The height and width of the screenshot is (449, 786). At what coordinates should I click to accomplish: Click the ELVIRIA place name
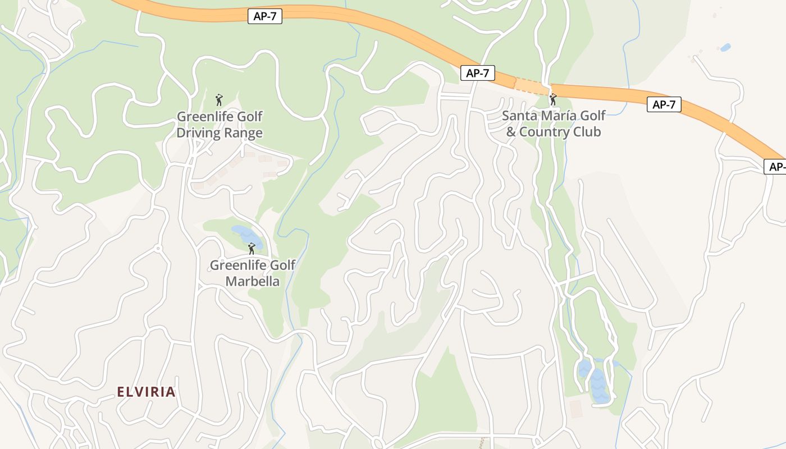[146, 392]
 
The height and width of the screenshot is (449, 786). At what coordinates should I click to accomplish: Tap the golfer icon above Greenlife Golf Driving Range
[219, 100]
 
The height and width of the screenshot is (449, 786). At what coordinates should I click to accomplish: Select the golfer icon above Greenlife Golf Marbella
[252, 248]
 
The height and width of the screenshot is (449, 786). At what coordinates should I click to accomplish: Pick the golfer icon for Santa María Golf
[553, 100]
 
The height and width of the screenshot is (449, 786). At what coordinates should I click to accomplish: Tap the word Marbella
[252, 281]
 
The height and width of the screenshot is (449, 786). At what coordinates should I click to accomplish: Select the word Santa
[519, 116]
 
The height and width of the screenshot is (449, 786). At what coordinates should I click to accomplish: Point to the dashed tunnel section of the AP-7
[531, 86]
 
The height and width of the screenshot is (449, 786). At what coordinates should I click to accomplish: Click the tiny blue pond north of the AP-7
[725, 48]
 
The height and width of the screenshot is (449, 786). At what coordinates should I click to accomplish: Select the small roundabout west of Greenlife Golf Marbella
[158, 248]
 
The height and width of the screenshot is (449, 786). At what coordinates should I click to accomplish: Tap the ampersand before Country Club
[511, 132]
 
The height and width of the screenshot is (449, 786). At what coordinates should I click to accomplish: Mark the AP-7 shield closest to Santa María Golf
[478, 72]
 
